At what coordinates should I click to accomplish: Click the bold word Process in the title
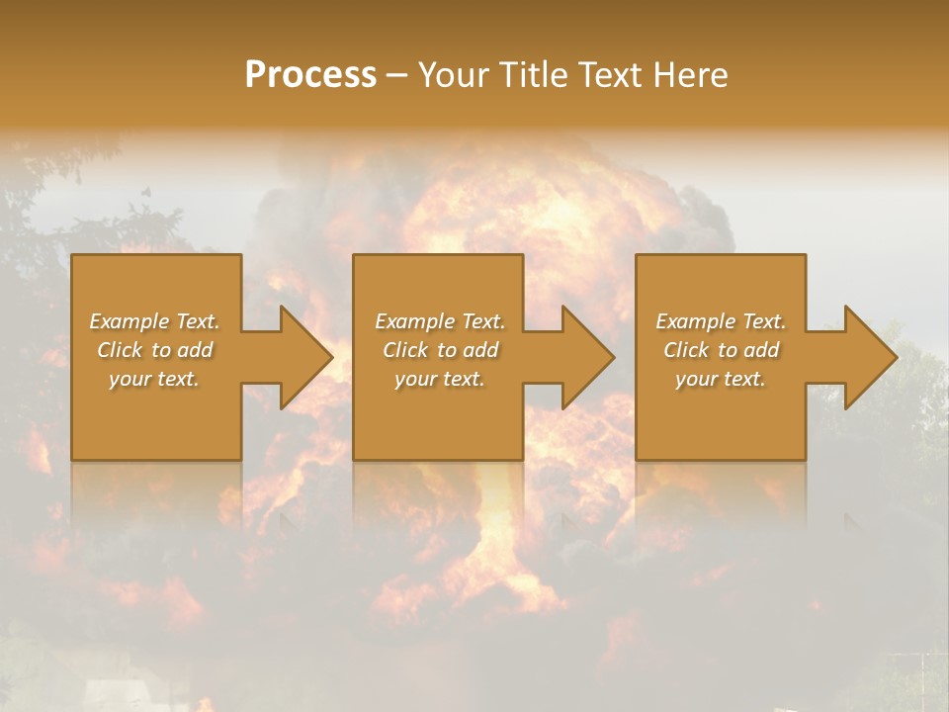pos(310,75)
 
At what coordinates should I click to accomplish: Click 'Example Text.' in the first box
pos(155,321)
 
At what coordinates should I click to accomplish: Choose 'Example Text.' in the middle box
pos(440,321)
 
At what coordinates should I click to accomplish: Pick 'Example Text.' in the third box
pos(721,321)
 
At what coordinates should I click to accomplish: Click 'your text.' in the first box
pos(155,379)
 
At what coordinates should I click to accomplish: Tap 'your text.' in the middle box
pos(440,379)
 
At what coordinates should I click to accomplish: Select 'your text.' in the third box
pos(721,379)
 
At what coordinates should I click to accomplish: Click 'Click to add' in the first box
pos(155,350)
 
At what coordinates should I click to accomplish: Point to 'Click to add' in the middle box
pos(440,350)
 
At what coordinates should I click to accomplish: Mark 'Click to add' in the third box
pos(721,350)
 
